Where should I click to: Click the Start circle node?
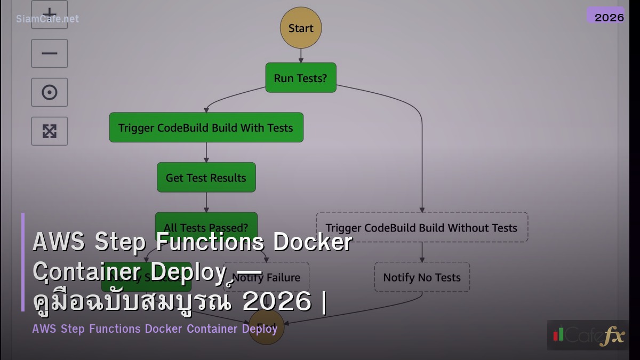point(301,28)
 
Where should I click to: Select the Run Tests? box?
point(301,78)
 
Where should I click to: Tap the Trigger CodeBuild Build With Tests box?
point(206,127)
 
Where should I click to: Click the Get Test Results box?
point(206,178)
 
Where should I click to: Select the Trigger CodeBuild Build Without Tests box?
point(422,227)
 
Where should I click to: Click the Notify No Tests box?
point(422,277)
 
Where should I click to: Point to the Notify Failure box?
point(277,277)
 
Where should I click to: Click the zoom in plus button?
point(50,13)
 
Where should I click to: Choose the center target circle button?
point(50,92)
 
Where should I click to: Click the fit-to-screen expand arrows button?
point(50,131)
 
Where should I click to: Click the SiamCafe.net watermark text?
point(47,19)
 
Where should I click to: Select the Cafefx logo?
point(588,335)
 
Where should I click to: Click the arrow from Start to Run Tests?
point(301,56)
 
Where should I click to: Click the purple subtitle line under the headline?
point(155,329)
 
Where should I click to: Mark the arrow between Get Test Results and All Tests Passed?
point(206,202)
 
